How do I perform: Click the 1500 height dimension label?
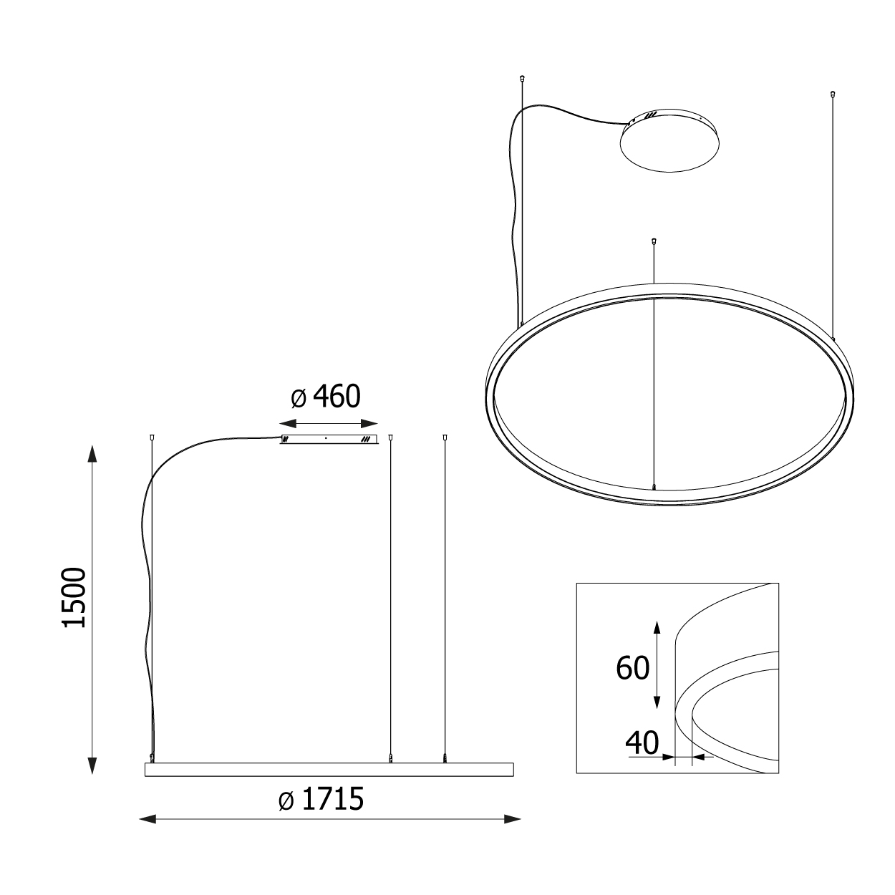click(74, 597)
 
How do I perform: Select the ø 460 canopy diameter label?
click(326, 397)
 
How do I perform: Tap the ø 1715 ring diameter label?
click(321, 799)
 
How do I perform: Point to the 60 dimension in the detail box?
click(632, 668)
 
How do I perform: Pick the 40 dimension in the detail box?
click(642, 742)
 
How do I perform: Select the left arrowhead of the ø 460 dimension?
click(288, 424)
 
